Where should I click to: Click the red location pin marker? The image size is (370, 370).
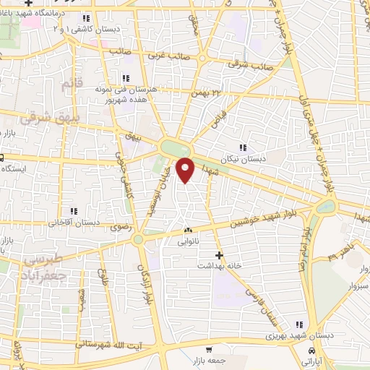[186, 170]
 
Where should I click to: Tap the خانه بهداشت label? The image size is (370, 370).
[219, 265]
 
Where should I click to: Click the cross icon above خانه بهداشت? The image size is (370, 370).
[220, 254]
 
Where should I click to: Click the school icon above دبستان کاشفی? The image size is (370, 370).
[87, 19]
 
